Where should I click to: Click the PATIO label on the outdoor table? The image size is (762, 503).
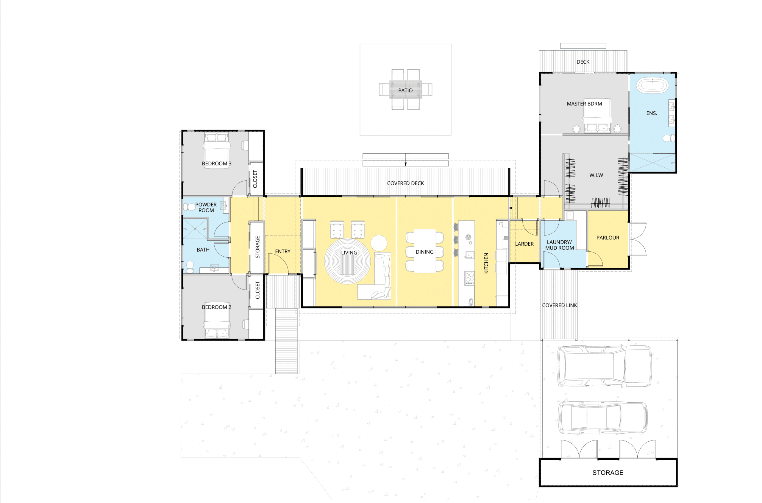coord(405,91)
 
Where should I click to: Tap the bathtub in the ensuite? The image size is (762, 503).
coord(652,85)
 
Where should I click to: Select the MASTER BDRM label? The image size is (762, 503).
coord(584,104)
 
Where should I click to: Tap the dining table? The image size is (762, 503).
coord(424,251)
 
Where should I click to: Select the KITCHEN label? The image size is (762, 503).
coord(486,263)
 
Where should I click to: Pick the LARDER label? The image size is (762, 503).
coord(524,244)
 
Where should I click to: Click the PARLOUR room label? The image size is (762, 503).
coord(608,238)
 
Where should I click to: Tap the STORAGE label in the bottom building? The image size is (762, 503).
coord(608,473)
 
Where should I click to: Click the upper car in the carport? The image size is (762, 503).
coord(604,366)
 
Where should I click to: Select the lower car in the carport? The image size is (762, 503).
coord(602,418)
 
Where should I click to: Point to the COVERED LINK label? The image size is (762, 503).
coord(559,305)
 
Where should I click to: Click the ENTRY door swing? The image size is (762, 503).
coord(278,265)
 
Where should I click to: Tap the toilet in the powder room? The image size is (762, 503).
coord(187,207)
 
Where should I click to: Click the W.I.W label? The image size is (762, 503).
coord(596,175)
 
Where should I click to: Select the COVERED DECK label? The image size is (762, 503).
coord(405,183)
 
